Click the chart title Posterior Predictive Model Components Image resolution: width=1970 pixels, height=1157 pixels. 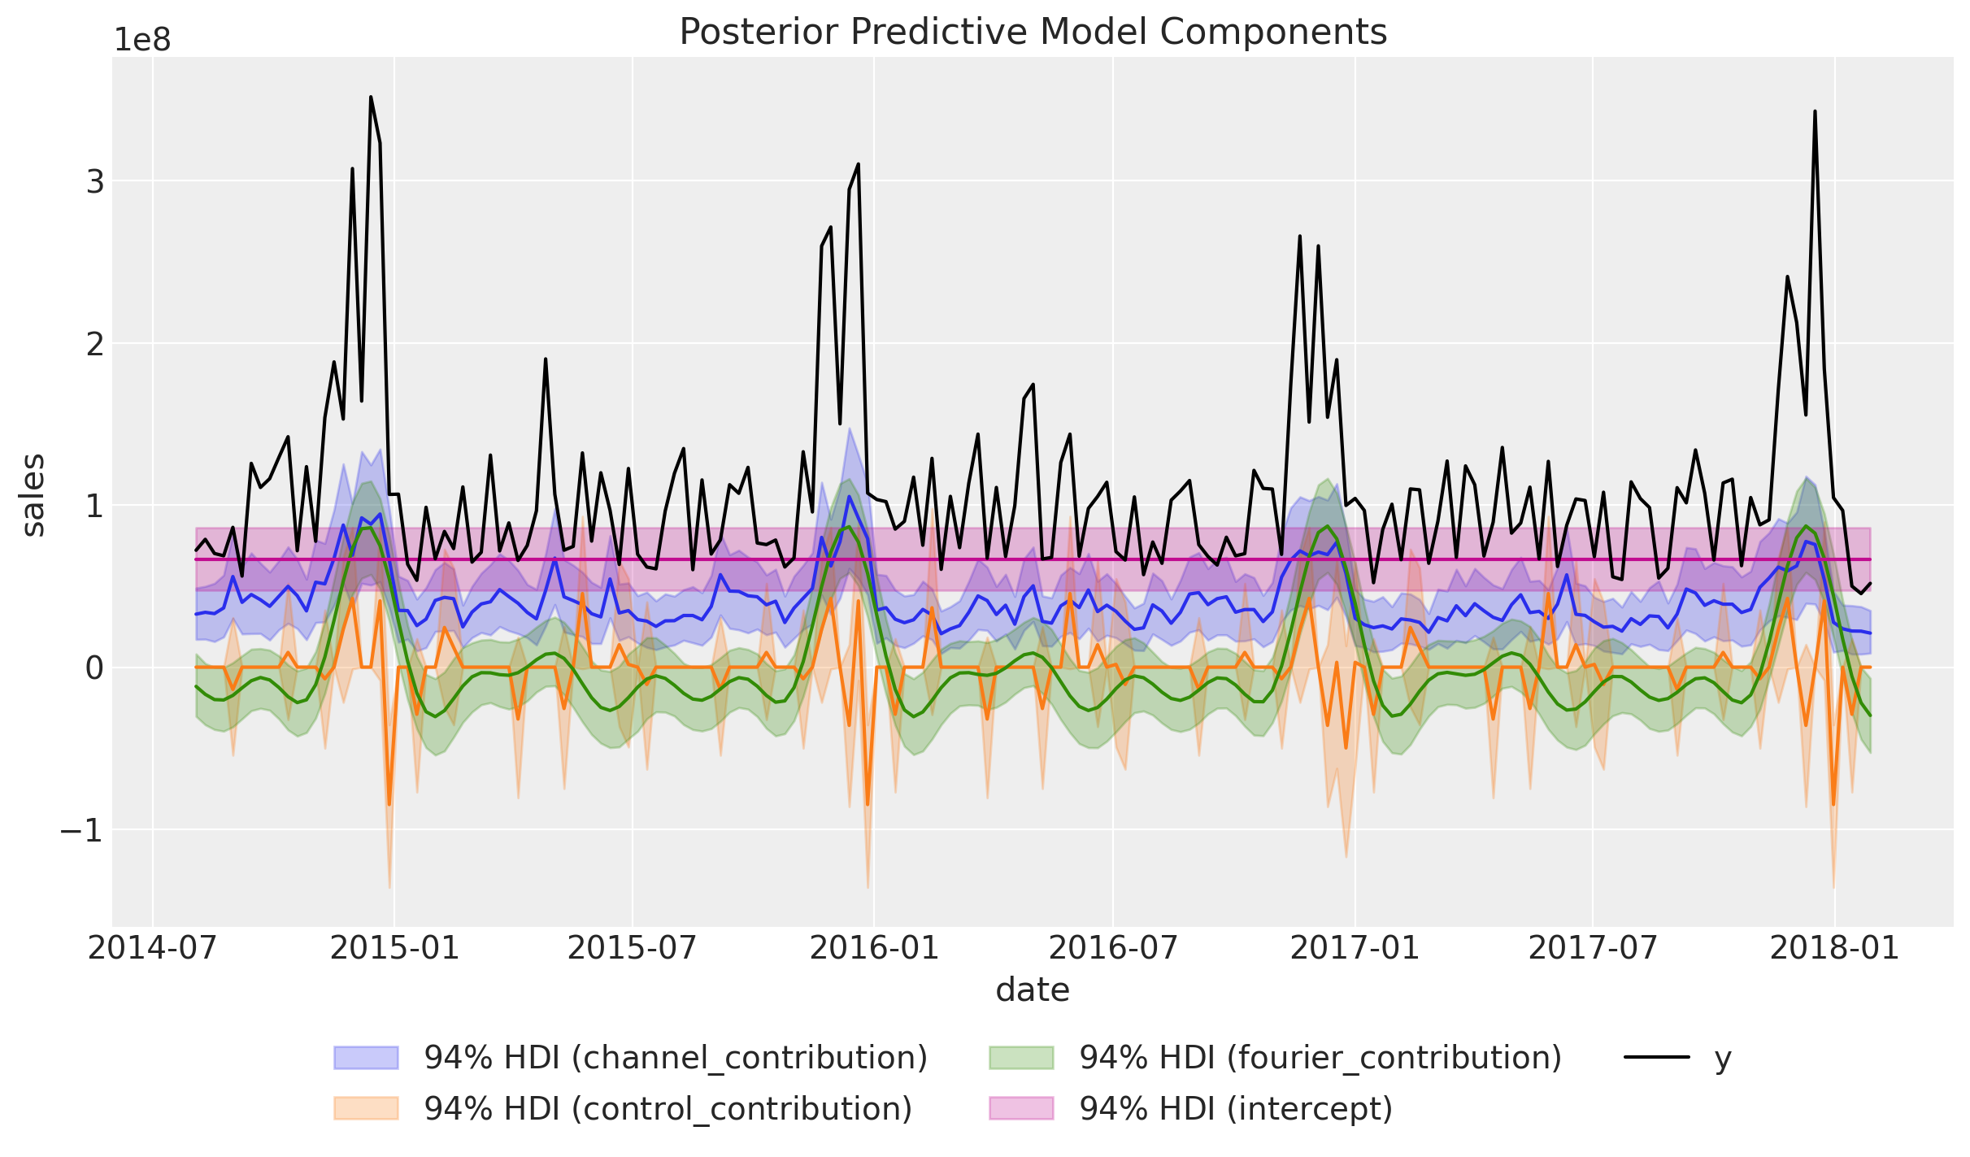[x=1033, y=33]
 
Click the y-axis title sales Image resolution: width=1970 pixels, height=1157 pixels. [x=33, y=495]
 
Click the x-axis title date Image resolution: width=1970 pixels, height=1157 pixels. [x=1033, y=990]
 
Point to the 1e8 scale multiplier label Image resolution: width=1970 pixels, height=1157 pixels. [x=142, y=40]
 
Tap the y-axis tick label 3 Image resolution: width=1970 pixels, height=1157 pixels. [x=95, y=181]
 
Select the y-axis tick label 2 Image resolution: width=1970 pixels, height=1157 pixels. [x=95, y=344]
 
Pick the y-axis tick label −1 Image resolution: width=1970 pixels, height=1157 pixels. [x=82, y=830]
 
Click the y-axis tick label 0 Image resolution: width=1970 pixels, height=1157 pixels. [x=95, y=668]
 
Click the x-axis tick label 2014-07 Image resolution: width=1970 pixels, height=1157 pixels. [x=153, y=947]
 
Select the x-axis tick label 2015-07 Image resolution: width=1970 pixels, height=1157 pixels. [x=632, y=947]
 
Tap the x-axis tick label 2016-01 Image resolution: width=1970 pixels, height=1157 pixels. [x=874, y=947]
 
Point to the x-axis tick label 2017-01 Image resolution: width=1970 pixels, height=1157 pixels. [x=1355, y=947]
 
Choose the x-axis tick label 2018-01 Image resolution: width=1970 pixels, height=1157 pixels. [x=1834, y=947]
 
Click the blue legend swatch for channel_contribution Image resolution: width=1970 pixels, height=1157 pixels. [x=366, y=1058]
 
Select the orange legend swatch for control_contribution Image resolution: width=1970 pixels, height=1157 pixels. [x=366, y=1108]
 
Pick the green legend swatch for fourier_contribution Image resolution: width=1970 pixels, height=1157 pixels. [x=1021, y=1058]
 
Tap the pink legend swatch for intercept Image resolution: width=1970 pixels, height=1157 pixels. [x=1021, y=1108]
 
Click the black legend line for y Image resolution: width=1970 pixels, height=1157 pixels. [x=1657, y=1058]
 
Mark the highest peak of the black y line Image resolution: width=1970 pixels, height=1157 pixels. [x=371, y=97]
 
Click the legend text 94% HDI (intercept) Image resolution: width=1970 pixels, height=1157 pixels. [x=1236, y=1108]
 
